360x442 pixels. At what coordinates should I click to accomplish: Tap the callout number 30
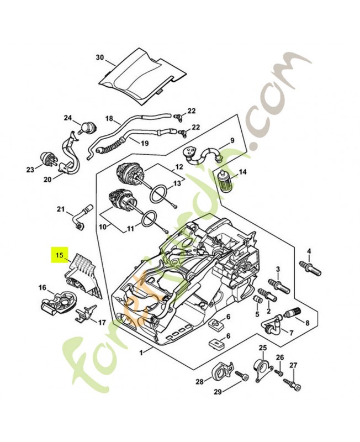click(x=100, y=57)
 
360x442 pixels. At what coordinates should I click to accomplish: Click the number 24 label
click(x=68, y=118)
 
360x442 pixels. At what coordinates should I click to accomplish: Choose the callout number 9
click(x=232, y=141)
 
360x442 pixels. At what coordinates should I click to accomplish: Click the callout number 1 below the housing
click(x=141, y=352)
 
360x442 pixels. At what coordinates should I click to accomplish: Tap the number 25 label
click(x=263, y=348)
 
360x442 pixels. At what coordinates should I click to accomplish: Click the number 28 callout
click(x=199, y=381)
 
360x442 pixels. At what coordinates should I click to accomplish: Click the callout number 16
click(x=43, y=287)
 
